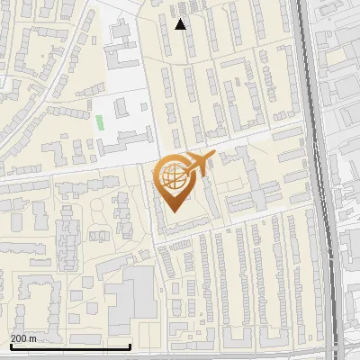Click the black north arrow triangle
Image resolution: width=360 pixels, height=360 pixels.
181,24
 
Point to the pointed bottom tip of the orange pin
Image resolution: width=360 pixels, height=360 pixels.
173,211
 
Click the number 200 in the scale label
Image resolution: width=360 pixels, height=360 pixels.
19,338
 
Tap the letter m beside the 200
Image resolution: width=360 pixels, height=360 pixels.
32,338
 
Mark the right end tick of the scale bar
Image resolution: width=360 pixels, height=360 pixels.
130,346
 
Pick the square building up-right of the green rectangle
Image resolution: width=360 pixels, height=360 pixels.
121,109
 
